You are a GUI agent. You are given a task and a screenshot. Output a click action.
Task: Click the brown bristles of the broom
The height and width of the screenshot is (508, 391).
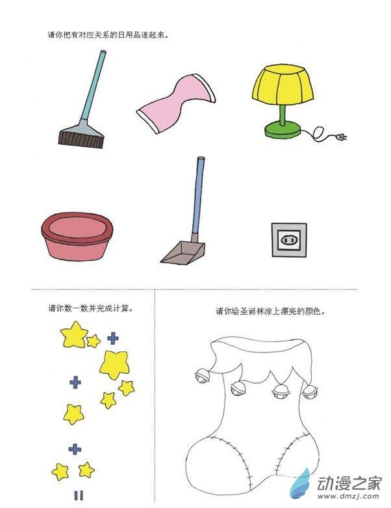(x=81, y=139)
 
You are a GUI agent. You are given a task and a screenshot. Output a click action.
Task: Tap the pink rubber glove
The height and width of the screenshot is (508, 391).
(x=176, y=103)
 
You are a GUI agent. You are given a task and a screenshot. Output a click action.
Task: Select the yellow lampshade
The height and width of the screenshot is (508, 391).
(x=283, y=85)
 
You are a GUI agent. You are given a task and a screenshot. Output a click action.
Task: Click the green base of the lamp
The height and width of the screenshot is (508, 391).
(x=283, y=129)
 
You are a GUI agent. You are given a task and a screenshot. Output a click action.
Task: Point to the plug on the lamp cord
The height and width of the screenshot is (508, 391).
(x=341, y=137)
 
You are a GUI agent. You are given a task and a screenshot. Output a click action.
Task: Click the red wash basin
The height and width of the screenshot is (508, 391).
(x=77, y=236)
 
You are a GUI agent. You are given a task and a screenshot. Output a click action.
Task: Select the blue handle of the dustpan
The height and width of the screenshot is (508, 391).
(x=197, y=195)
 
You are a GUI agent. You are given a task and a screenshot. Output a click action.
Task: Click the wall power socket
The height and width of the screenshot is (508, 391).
(x=289, y=240)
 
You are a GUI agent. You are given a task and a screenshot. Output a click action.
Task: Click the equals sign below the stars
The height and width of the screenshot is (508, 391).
(x=78, y=496)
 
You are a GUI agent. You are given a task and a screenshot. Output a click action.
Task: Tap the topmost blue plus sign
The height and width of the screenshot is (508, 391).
(x=112, y=338)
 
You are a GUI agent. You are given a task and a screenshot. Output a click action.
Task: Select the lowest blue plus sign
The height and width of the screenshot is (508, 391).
(x=75, y=449)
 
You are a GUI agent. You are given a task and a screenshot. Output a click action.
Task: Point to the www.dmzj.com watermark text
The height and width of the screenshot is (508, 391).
(x=348, y=496)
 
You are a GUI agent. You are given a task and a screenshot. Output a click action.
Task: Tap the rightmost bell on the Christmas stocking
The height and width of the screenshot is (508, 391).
(x=310, y=391)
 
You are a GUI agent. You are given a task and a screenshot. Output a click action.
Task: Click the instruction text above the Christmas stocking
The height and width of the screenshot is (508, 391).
(x=270, y=312)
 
